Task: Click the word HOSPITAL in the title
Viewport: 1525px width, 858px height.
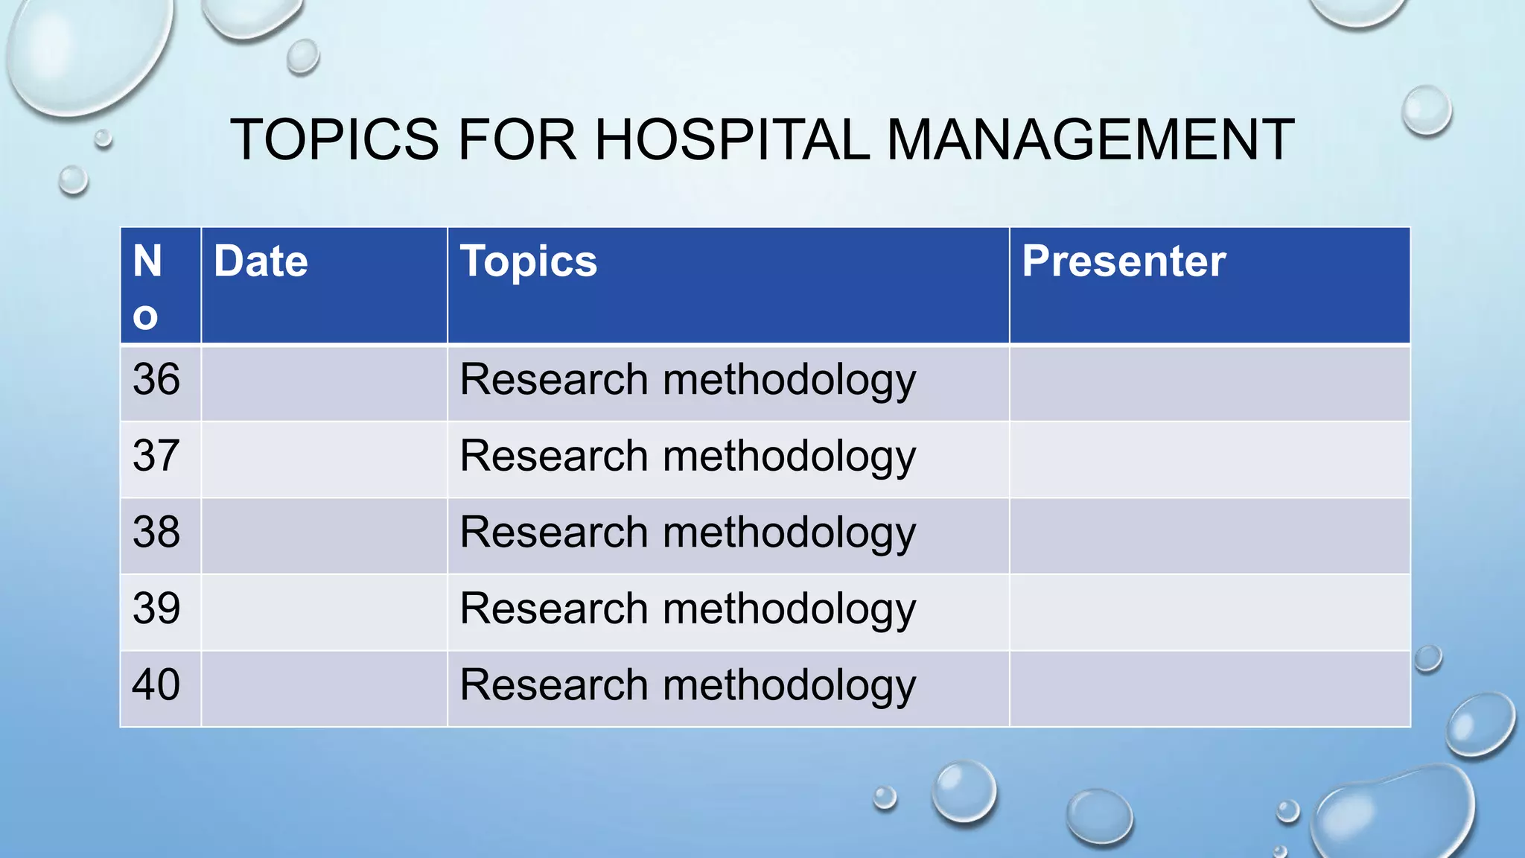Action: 731,140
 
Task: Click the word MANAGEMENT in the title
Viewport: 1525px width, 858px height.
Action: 1090,140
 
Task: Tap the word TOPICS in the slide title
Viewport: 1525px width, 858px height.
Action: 334,140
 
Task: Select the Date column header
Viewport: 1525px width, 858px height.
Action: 261,261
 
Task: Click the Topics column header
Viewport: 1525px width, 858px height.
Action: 528,261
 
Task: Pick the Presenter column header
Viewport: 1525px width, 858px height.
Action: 1123,261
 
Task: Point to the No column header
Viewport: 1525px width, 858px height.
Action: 147,287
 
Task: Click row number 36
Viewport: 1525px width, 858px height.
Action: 156,379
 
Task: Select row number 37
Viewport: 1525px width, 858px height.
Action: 156,456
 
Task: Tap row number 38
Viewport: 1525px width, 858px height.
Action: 156,533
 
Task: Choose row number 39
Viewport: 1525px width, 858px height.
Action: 156,608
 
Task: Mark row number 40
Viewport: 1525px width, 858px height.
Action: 156,685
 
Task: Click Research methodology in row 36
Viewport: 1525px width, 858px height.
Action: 687,381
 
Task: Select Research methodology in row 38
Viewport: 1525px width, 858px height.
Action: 687,533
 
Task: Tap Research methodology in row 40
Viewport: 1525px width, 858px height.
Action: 687,686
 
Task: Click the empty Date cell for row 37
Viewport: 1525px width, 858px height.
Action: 324,460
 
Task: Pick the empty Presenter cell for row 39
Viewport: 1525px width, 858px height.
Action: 1209,612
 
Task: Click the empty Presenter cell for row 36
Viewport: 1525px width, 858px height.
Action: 1209,384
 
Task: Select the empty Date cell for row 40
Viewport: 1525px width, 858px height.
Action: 324,689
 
